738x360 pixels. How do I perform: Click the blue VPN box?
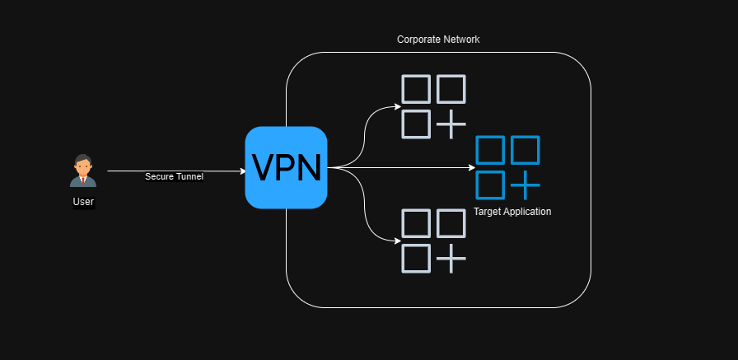click(x=286, y=167)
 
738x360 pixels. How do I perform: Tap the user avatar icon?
click(x=83, y=171)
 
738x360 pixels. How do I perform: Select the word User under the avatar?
click(x=83, y=202)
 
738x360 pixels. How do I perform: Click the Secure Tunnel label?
click(x=174, y=176)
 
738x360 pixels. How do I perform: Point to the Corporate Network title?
click(x=438, y=40)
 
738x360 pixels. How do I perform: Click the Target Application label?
click(x=512, y=212)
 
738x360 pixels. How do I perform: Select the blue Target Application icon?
click(x=507, y=167)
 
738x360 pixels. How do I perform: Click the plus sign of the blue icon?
click(x=525, y=185)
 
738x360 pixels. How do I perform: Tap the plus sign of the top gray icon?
click(x=451, y=124)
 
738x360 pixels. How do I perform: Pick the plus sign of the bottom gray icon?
click(x=451, y=259)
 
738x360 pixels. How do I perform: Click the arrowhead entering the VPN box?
click(x=243, y=171)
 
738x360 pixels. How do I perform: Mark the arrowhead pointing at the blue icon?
click(x=472, y=167)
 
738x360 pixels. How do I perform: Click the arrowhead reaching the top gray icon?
click(x=398, y=107)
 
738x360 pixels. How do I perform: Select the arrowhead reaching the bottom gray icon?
click(x=398, y=241)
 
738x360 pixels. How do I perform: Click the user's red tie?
click(x=83, y=180)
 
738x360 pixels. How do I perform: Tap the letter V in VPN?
click(x=264, y=167)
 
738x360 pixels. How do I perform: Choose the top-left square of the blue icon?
click(x=490, y=150)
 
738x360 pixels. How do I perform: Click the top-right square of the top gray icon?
click(x=451, y=89)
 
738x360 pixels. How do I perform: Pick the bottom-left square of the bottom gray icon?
click(x=416, y=259)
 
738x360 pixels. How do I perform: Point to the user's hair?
click(x=83, y=157)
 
